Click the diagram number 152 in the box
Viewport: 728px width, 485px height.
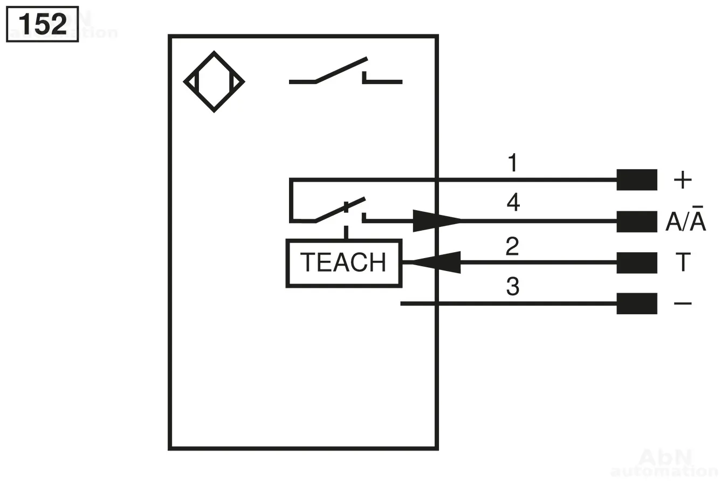[x=43, y=24]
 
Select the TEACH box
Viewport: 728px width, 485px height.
[x=344, y=264]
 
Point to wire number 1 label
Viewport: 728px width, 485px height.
[x=513, y=163]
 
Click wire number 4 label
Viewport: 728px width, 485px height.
[x=513, y=202]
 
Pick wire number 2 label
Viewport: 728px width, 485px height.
[x=512, y=246]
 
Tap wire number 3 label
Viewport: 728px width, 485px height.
[x=513, y=286]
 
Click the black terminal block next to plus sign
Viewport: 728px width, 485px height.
[x=637, y=179]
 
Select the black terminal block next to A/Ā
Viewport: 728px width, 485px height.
[x=637, y=221]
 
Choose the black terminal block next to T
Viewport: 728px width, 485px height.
[x=637, y=263]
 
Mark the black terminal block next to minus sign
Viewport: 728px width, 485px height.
[x=637, y=304]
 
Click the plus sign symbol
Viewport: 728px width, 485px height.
[x=683, y=179]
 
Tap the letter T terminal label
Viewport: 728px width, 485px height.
[x=683, y=262]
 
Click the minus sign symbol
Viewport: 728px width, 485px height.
[x=683, y=304]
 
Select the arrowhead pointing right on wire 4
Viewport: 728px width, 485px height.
[x=436, y=221]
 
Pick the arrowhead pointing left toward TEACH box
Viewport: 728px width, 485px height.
[x=436, y=262]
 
